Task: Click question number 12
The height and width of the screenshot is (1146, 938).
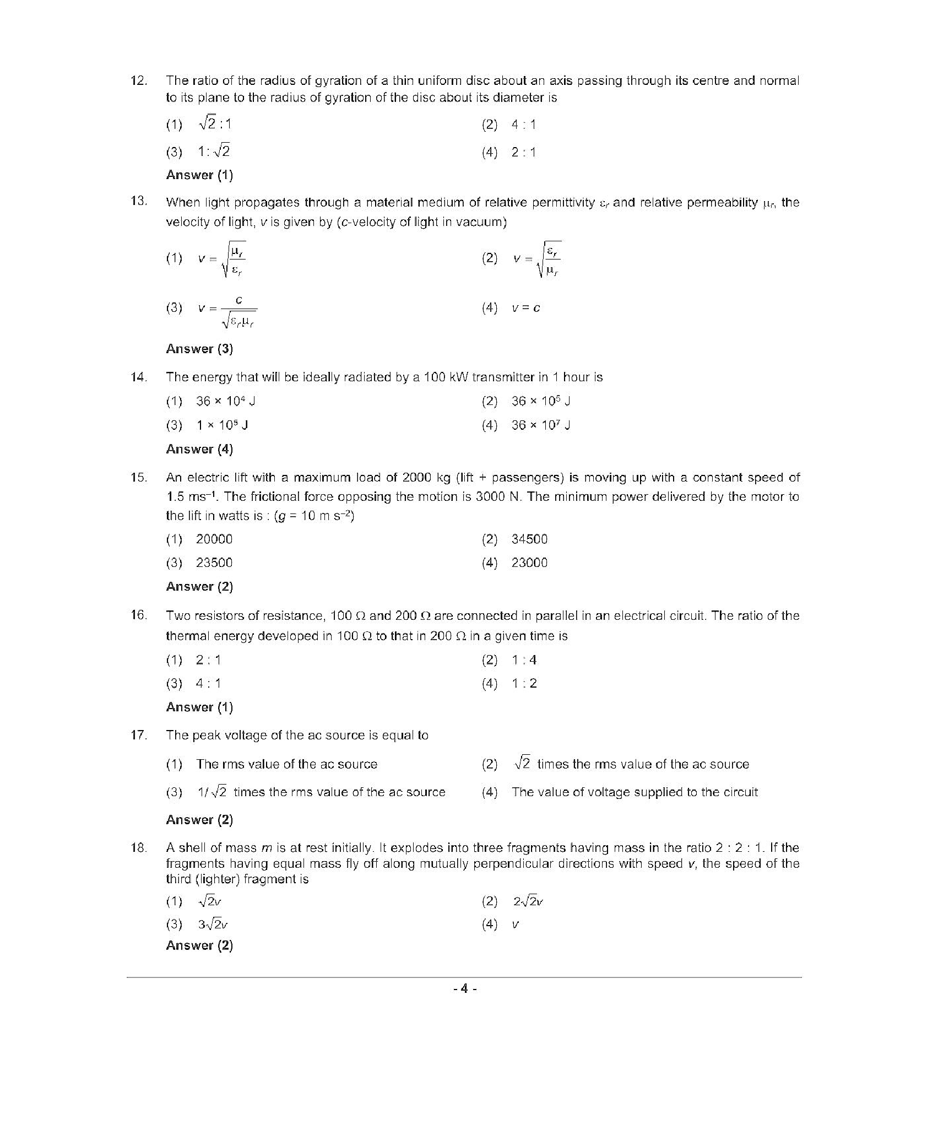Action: [x=138, y=80]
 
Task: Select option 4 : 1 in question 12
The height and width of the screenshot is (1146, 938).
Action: [x=523, y=125]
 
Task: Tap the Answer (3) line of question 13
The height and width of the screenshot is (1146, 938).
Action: [x=199, y=349]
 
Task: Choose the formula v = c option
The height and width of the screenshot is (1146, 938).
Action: [x=525, y=309]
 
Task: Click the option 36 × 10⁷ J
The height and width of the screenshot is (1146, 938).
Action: [x=540, y=425]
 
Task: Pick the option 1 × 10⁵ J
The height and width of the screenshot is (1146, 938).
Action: [x=222, y=425]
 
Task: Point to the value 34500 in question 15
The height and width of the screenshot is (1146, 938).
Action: [x=529, y=539]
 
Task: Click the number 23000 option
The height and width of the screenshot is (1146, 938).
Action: [x=529, y=563]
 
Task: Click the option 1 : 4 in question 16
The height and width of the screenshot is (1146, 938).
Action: [x=524, y=660]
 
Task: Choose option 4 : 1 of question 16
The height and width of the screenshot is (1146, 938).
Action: [x=208, y=684]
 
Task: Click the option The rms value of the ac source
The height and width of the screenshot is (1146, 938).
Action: [x=286, y=764]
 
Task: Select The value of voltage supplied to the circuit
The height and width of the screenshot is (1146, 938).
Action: [x=635, y=792]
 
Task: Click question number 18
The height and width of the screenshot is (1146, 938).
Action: [x=138, y=848]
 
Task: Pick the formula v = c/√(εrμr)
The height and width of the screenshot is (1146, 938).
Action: [x=227, y=312]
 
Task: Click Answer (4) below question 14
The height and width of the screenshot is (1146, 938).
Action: [x=199, y=450]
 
